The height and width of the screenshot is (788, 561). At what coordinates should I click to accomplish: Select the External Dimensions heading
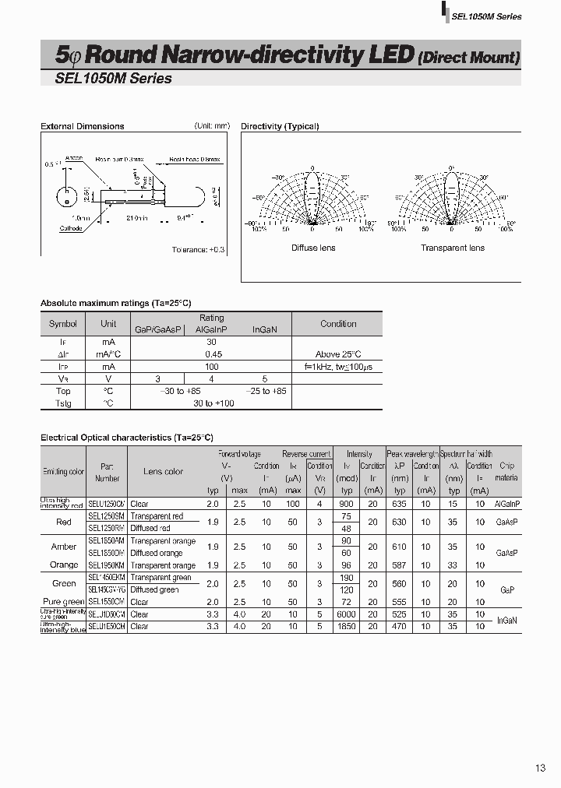pos(82,126)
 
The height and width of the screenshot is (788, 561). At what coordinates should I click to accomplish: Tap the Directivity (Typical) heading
pos(280,126)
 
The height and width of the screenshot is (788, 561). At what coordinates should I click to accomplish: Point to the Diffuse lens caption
pos(313,248)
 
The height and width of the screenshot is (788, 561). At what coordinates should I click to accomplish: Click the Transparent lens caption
pos(452,248)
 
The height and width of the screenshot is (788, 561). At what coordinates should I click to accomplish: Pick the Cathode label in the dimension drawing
pos(72,228)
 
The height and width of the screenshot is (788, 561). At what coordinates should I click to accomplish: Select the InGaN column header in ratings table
pos(265,330)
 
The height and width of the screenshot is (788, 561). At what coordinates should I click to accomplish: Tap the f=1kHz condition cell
pos(338,366)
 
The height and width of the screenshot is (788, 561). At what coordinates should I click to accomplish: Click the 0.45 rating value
pos(211,354)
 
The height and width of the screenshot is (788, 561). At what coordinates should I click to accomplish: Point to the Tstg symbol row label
pos(62,403)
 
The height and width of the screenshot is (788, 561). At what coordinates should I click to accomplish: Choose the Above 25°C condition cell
pos(338,354)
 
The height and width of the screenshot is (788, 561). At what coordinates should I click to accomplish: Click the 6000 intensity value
pos(347,614)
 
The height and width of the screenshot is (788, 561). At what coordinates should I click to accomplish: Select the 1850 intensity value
pos(347,626)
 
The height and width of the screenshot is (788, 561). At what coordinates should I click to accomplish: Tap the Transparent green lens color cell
pos(161,578)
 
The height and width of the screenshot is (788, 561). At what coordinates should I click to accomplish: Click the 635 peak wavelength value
pos(400,504)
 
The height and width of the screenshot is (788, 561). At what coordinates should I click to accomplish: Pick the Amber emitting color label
pos(64,547)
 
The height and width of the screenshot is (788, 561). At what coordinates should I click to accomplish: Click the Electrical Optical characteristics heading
pos(126,438)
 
